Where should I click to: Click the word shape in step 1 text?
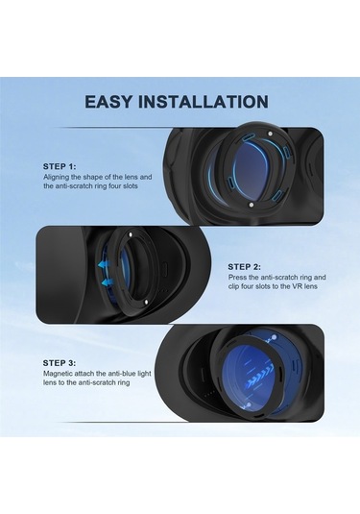(x=96, y=177)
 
